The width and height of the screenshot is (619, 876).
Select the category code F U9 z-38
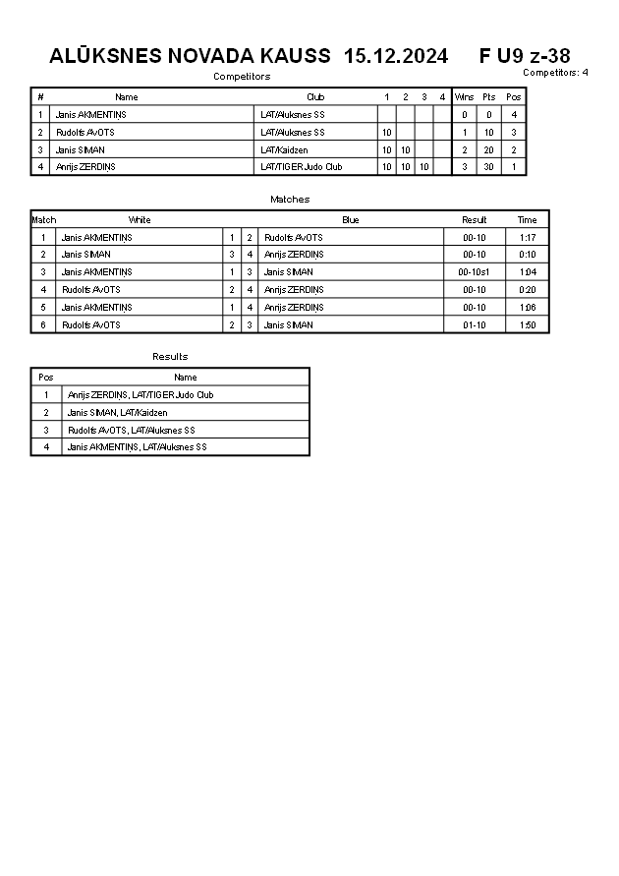tap(525, 56)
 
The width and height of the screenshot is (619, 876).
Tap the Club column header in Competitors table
tap(315, 97)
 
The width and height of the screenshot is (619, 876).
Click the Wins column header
tap(464, 97)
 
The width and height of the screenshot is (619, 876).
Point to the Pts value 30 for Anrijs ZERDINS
tap(488, 167)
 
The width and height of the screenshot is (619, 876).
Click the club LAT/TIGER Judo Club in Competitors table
tap(301, 167)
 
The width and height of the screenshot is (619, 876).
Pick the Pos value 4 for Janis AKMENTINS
tap(514, 115)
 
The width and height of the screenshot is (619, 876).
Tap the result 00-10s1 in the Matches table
tap(474, 272)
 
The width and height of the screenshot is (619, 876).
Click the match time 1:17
tap(528, 238)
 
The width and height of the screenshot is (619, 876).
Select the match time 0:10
tap(528, 255)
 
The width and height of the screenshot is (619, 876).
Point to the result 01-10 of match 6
tap(474, 325)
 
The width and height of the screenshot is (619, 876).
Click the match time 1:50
tap(528, 325)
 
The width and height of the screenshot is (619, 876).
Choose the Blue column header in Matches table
tap(351, 220)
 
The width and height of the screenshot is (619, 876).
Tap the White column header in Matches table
tap(140, 220)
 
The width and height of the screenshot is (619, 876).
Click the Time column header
tap(528, 220)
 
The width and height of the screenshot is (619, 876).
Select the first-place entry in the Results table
tap(141, 395)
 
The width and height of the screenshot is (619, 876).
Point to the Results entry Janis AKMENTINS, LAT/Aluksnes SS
tap(137, 447)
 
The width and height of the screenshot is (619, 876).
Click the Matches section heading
tap(290, 200)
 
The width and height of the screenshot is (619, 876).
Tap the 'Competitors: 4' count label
tap(555, 73)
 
